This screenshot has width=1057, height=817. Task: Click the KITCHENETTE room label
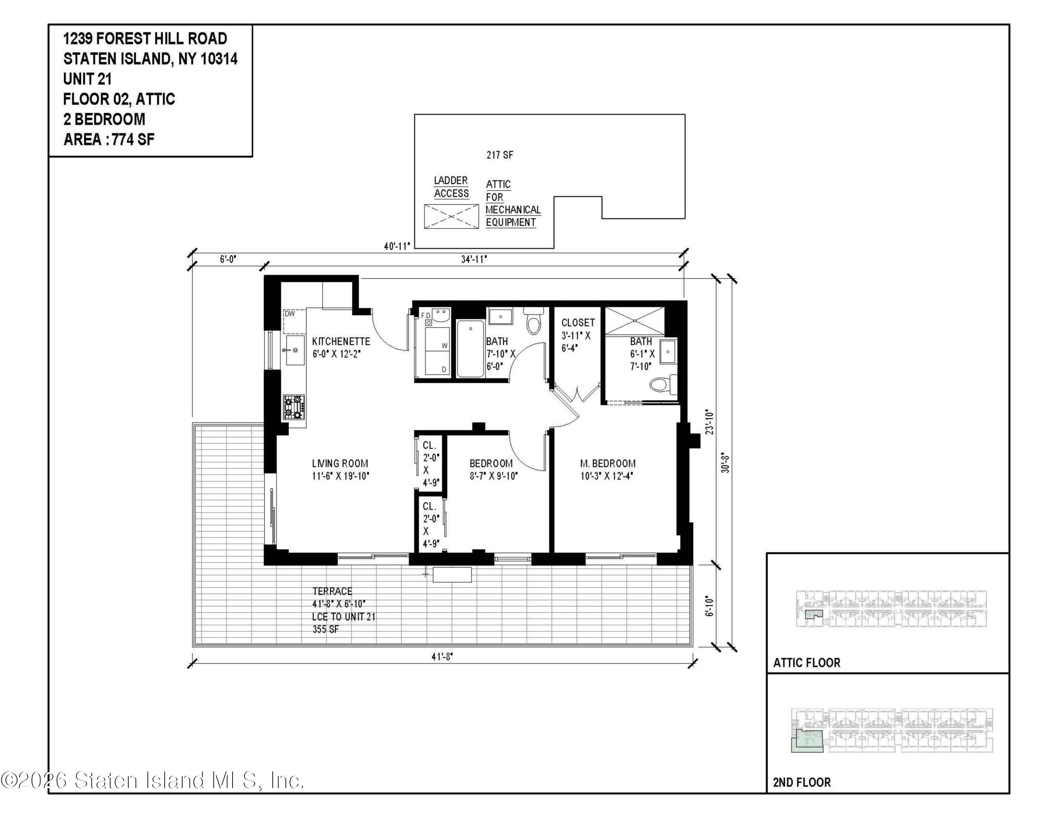[x=341, y=341]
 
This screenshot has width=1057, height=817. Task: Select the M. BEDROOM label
[x=607, y=463]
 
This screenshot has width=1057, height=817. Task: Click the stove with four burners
[x=294, y=407]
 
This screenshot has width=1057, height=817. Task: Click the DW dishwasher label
[x=290, y=314]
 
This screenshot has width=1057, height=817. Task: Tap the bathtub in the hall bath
[x=470, y=349]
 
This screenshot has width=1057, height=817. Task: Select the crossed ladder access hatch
[x=451, y=216]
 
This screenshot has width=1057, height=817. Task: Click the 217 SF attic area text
[x=500, y=155]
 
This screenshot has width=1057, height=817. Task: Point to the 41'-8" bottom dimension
[x=442, y=657]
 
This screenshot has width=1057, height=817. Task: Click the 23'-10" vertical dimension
[x=710, y=422]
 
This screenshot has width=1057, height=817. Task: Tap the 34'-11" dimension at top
[x=474, y=259]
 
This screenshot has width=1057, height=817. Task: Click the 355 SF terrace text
[x=326, y=629]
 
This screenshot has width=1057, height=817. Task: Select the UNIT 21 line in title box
[x=88, y=79]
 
